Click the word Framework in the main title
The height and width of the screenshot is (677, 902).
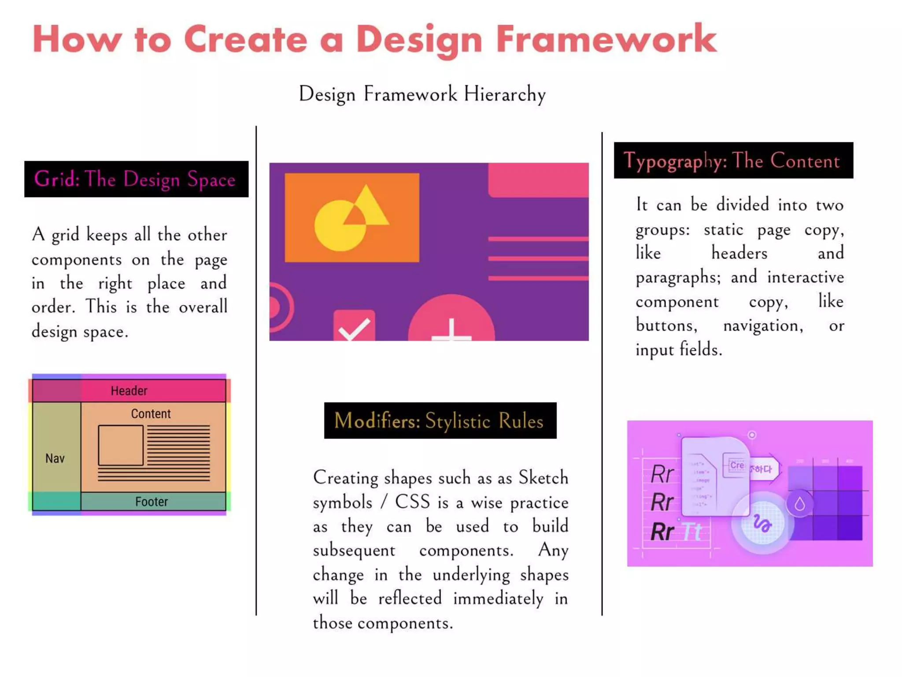(606, 40)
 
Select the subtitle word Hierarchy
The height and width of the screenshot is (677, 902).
(505, 94)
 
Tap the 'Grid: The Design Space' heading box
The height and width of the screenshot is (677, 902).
(136, 179)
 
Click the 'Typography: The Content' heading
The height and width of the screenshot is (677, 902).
(733, 160)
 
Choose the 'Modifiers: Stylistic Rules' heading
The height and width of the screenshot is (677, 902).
(440, 420)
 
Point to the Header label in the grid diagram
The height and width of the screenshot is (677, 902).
(129, 391)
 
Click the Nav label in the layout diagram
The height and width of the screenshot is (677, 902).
(55, 458)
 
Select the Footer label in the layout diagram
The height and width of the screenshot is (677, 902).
(152, 502)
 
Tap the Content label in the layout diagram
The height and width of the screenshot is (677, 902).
(151, 414)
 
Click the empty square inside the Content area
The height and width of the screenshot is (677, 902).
(121, 445)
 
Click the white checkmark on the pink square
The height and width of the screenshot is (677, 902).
(355, 329)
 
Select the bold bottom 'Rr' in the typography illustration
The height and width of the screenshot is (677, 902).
(662, 532)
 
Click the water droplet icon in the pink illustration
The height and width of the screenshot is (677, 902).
(800, 504)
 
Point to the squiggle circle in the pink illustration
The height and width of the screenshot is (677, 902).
(762, 523)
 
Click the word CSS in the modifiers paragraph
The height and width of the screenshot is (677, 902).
(412, 502)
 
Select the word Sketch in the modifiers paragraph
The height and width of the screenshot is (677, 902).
(543, 478)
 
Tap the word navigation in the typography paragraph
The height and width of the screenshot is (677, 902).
(763, 326)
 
